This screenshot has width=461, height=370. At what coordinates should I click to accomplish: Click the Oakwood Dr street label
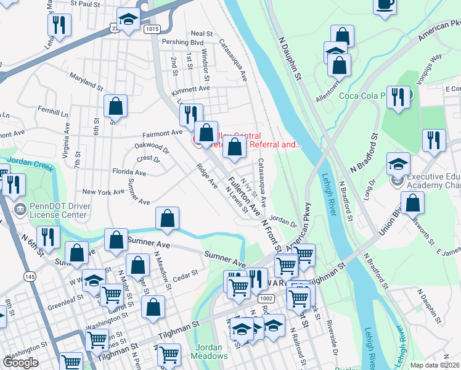tap(151, 147)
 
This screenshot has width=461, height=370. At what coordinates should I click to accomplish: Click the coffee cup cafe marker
tap(386, 6)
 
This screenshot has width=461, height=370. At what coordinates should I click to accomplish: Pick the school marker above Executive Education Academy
tap(398, 163)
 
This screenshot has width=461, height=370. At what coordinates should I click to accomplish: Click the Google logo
tap(20, 363)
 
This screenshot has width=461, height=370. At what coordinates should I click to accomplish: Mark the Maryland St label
tap(86, 81)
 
